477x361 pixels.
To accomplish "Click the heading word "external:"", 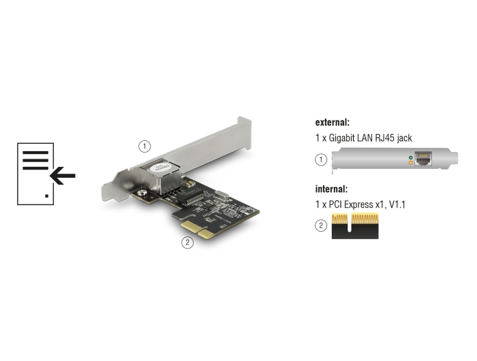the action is [333, 122].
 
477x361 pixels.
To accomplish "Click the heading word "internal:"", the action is [331, 189].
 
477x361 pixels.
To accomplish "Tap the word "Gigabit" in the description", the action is [341, 138].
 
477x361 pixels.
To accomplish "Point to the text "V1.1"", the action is [397, 204].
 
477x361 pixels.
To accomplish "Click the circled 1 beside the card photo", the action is [144, 146].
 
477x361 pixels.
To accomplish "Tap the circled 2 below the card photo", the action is [187, 242].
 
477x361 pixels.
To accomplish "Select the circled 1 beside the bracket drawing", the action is [321, 159].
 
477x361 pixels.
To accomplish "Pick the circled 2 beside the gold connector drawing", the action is [321, 225].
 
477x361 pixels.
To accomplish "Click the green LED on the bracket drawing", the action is [411, 157].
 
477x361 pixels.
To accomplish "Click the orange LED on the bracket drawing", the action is [411, 163].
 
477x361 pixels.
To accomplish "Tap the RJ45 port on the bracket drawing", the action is [423, 159].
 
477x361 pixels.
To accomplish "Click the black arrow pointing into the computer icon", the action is [63, 176].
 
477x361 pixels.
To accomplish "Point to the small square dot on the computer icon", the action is [46, 196].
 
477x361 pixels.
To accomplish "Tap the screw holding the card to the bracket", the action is [142, 193].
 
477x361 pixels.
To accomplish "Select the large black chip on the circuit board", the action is [189, 197].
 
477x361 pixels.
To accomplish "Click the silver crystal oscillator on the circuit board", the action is [222, 195].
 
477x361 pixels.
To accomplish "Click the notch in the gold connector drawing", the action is [349, 223].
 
